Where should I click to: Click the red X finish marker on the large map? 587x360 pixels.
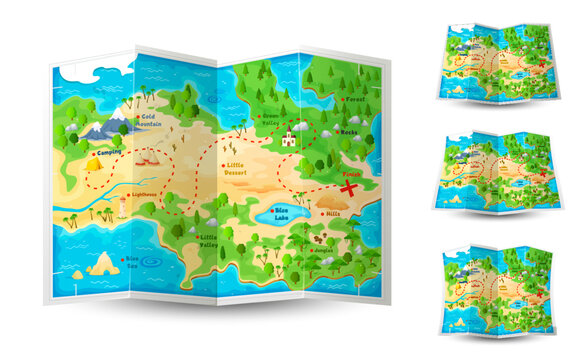(350, 187)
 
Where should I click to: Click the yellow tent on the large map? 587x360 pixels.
(95, 160)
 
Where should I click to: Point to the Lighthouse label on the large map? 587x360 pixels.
(144, 194)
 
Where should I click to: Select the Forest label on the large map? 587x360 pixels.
(355, 100)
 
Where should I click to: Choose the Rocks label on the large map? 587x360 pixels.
(349, 132)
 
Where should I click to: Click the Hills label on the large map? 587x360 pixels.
(331, 212)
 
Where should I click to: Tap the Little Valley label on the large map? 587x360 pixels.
(208, 240)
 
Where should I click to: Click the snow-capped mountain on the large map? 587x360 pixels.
(108, 125)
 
